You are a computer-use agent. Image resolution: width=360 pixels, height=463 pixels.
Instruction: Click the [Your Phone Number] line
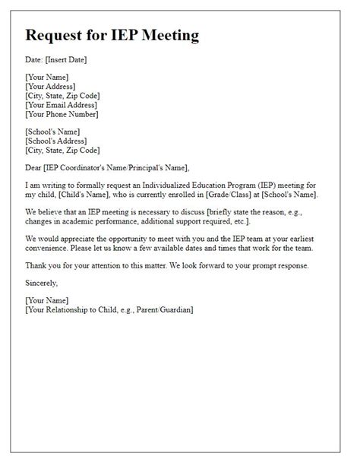pyautogui.click(x=62, y=116)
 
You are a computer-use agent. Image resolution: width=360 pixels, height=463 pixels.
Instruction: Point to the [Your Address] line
pyautogui.click(x=51, y=87)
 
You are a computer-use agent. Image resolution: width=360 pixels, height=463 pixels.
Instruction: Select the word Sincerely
pyautogui.click(x=42, y=283)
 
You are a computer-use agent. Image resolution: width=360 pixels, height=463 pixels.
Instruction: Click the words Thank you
pyautogui.click(x=43, y=266)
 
